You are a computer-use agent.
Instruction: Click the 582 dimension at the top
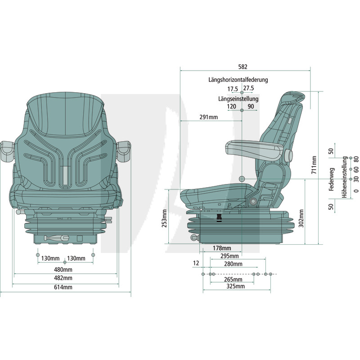click(243, 67)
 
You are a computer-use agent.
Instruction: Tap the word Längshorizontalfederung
click(238, 80)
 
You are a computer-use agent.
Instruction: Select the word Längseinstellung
click(238, 99)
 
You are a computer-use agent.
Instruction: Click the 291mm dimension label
click(208, 117)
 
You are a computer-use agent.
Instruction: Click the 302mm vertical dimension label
click(301, 218)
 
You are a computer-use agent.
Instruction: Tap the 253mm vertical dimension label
click(164, 218)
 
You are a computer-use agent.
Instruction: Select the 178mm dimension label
click(222, 248)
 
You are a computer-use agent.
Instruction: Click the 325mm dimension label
click(235, 286)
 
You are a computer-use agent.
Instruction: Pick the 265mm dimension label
click(233, 279)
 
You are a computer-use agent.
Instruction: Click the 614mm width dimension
click(63, 287)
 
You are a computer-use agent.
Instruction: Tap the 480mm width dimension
click(63, 270)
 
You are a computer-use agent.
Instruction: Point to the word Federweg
click(331, 179)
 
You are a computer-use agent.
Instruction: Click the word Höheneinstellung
click(345, 177)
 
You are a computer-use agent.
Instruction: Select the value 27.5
click(249, 88)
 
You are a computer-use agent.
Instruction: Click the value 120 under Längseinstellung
click(231, 107)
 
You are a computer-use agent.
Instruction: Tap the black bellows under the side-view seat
click(219, 218)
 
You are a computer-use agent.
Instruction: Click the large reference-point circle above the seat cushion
click(242, 179)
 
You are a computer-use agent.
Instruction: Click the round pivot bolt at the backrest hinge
click(253, 201)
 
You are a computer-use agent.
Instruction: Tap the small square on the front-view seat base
click(80, 238)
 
